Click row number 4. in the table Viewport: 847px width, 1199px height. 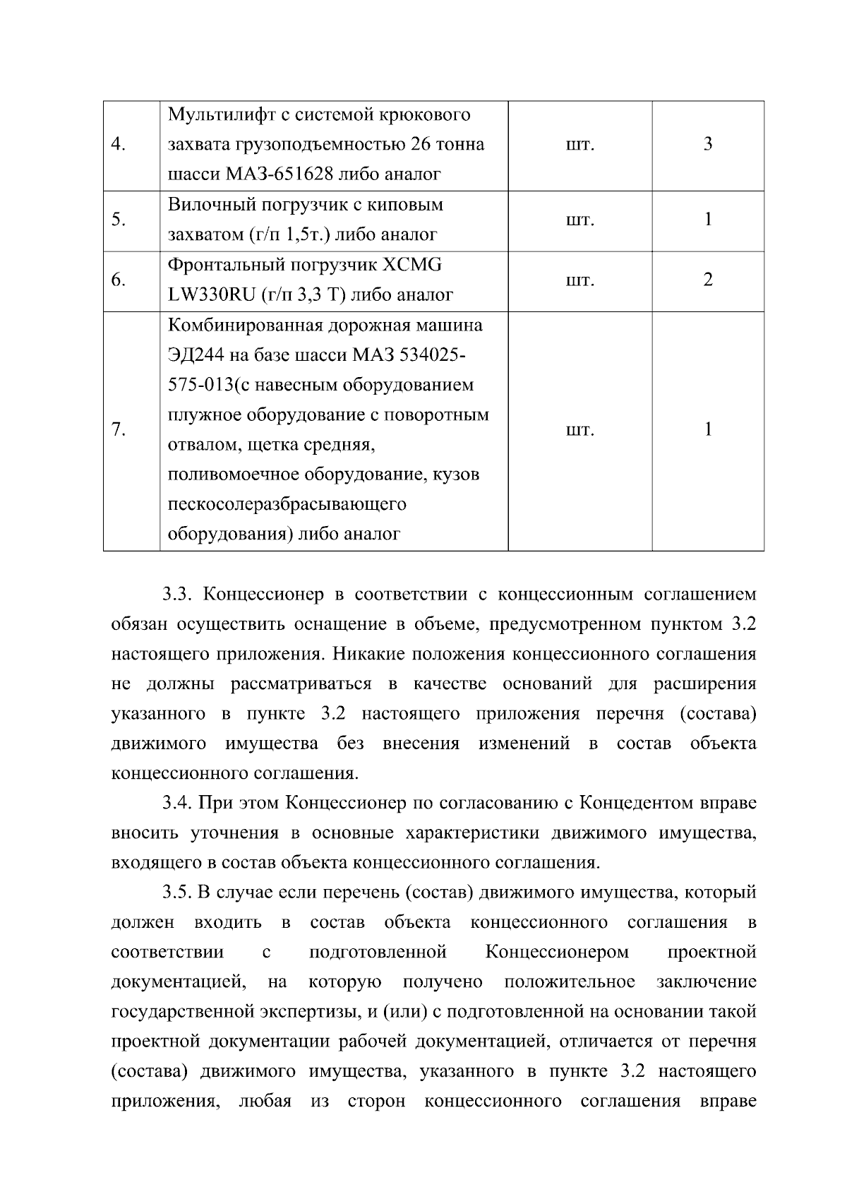pyautogui.click(x=119, y=145)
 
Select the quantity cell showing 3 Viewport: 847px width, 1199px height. pyautogui.click(x=707, y=145)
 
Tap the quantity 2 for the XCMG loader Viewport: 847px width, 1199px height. pyautogui.click(x=707, y=280)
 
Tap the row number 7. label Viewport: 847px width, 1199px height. pyautogui.click(x=119, y=429)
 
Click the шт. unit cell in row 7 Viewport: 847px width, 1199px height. pyautogui.click(x=579, y=429)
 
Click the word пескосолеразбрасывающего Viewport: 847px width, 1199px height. pyautogui.click(x=287, y=504)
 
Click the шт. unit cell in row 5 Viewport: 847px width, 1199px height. pyautogui.click(x=579, y=220)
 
